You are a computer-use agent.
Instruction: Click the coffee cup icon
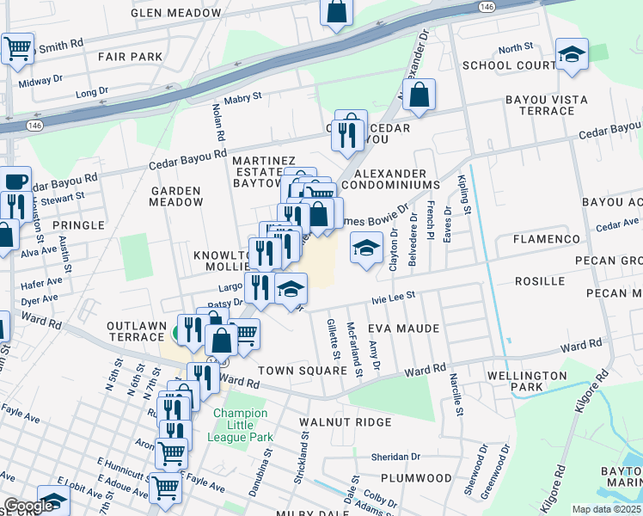[16, 181]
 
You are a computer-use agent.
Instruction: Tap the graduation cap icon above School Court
[572, 55]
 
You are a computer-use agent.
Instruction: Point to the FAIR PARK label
[130, 57]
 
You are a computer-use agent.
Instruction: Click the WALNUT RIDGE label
[345, 422]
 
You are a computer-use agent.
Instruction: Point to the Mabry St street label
[244, 98]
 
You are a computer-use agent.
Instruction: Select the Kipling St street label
[466, 195]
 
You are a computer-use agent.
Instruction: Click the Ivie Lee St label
[393, 297]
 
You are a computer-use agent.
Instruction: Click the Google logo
[28, 506]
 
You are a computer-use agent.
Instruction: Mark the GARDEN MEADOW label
[176, 196]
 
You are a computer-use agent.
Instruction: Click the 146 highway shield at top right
[487, 6]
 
